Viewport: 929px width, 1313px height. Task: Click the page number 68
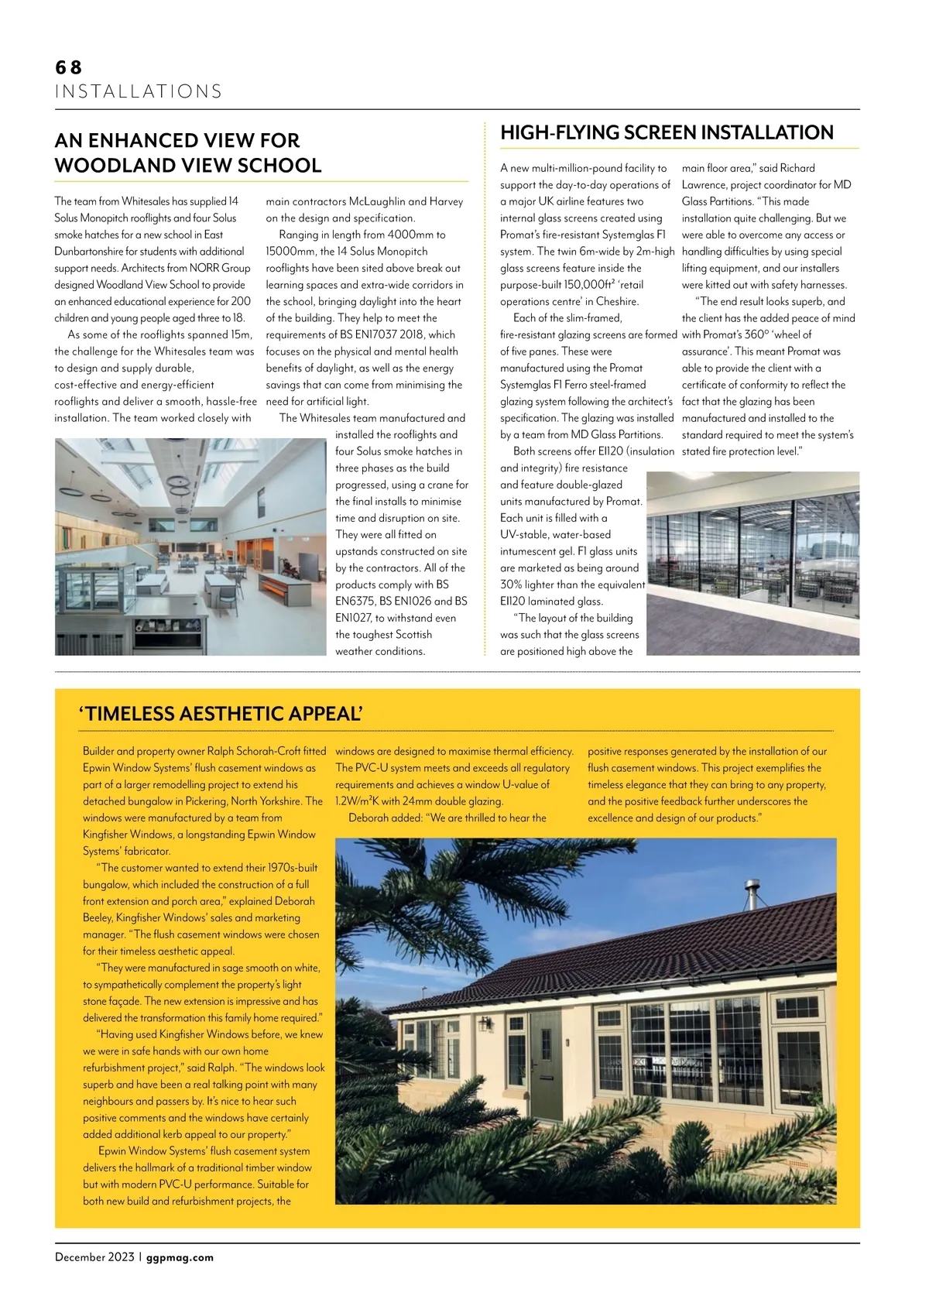click(x=68, y=67)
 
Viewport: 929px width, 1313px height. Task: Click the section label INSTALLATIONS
click(x=139, y=91)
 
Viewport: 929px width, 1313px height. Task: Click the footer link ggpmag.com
click(x=180, y=1257)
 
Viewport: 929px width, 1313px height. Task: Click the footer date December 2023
click(x=94, y=1257)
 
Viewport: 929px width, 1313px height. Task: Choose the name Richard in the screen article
click(x=797, y=168)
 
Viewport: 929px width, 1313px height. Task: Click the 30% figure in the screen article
click(x=511, y=585)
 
